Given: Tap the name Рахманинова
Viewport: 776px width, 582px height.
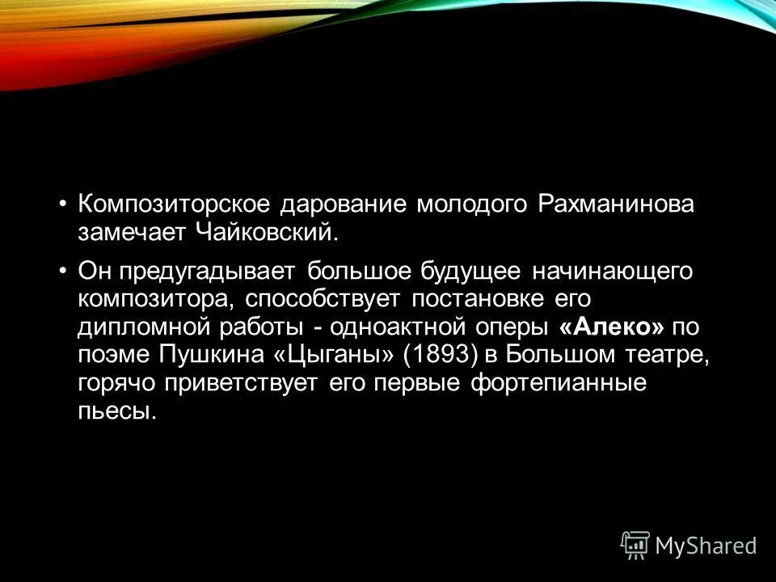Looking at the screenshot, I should pyautogui.click(x=614, y=205).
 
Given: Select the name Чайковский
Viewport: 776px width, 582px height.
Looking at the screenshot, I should pyautogui.click(x=264, y=234).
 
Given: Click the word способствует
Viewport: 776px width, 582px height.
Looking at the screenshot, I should pyautogui.click(x=321, y=299).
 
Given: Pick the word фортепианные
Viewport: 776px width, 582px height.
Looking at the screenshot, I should pyautogui.click(x=558, y=383).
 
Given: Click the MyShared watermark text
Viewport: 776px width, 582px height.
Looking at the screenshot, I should pyautogui.click(x=706, y=546).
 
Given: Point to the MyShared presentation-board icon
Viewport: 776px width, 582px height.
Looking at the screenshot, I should pyautogui.click(x=635, y=546).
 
